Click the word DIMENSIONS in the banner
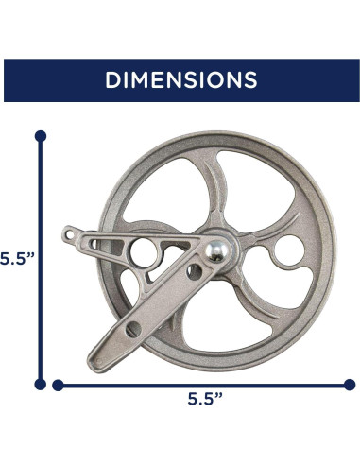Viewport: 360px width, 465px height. [x=180, y=79]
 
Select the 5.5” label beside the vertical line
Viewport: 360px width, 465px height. [x=13, y=258]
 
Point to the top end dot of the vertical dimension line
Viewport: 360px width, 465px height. [x=40, y=136]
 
